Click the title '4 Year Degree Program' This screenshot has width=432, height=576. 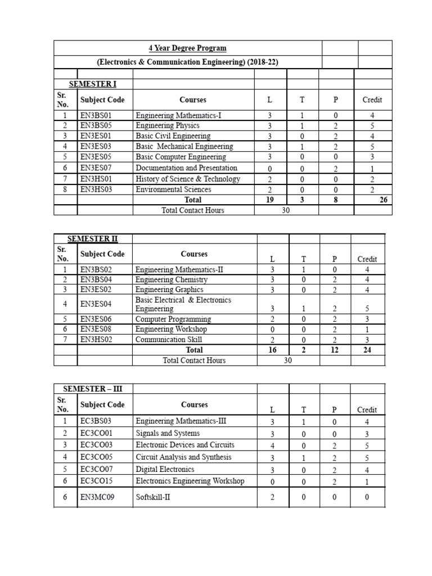point(188,48)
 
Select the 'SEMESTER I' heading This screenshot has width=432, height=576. point(93,84)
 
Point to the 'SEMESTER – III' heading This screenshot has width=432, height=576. point(93,389)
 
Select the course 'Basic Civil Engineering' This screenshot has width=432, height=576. point(173,136)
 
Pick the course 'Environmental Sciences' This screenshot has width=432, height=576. point(173,190)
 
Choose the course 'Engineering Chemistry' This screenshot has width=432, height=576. point(172,280)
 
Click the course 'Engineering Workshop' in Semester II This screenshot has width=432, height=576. point(171,329)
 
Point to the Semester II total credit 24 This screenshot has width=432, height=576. point(367,350)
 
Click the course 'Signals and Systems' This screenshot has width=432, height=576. point(168,433)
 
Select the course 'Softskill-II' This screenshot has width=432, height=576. point(152,497)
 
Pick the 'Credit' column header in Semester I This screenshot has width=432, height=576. point(372,100)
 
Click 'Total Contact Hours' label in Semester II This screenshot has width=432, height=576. point(194,361)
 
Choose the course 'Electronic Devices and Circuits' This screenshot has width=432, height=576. point(185,445)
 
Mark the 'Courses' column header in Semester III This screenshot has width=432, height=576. point(194,404)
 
